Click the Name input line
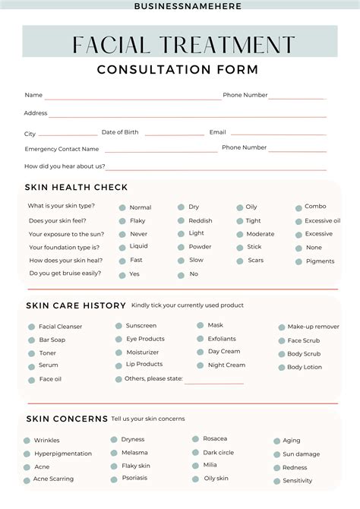click(133, 99)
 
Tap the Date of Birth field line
click(174, 135)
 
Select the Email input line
click(277, 135)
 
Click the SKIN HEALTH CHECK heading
click(76, 188)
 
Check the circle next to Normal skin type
click(122, 207)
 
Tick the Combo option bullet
click(298, 207)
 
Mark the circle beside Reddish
click(182, 221)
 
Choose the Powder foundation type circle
click(182, 247)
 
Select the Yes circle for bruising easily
click(122, 274)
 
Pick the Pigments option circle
click(298, 261)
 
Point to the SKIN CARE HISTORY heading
click(76, 305)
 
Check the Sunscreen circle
click(118, 326)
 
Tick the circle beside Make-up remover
click(281, 327)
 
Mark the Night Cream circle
click(200, 365)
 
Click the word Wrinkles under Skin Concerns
click(46, 441)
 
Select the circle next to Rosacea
click(195, 439)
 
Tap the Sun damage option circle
click(276, 454)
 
